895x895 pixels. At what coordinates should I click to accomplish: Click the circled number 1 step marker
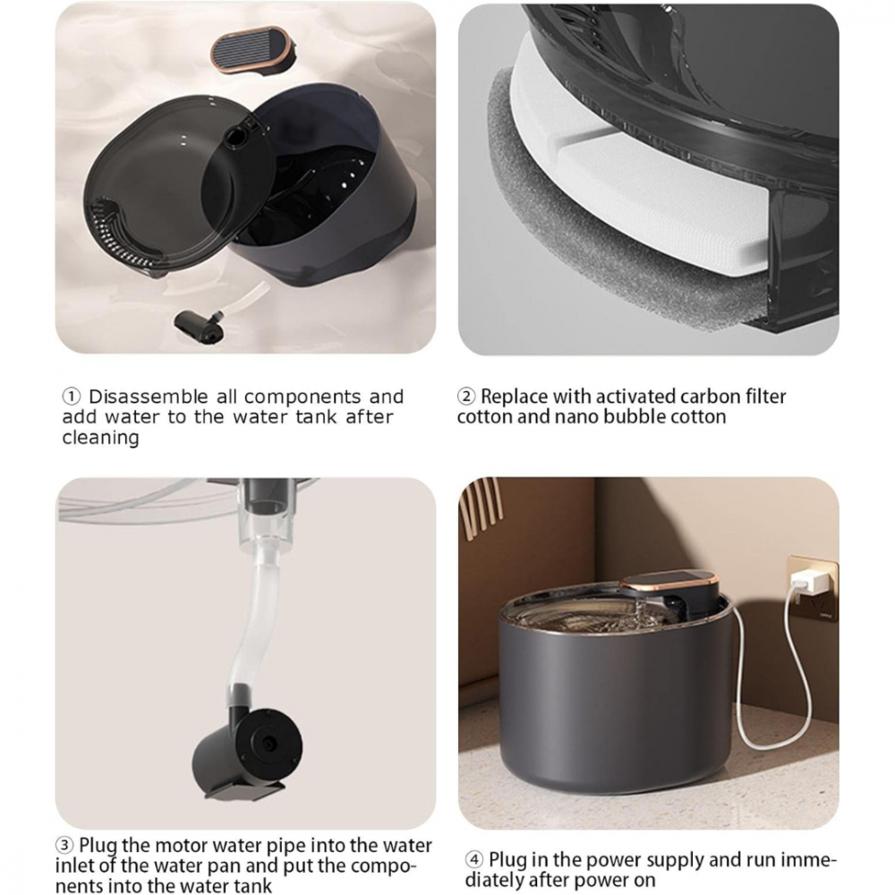72,396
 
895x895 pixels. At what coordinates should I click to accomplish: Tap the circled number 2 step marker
466,396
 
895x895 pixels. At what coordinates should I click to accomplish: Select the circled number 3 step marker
66,846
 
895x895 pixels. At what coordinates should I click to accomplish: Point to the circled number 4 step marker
474,860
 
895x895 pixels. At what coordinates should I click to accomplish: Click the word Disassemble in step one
149,396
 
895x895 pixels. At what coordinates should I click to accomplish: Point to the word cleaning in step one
100,438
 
